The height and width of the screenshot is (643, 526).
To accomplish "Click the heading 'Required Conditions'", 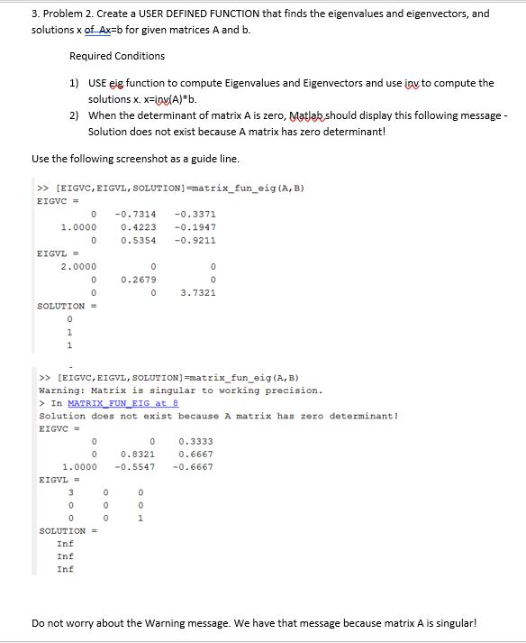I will click(117, 56).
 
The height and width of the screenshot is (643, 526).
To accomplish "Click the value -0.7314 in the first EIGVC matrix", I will click(134, 214).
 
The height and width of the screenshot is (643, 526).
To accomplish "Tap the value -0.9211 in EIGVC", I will click(197, 241).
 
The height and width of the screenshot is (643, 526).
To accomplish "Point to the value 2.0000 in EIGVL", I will click(78, 267).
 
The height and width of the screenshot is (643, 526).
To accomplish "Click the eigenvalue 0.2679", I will click(138, 280).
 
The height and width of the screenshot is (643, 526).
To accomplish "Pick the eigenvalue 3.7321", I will click(197, 293).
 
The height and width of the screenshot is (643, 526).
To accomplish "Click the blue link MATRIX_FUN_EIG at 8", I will click(115, 403).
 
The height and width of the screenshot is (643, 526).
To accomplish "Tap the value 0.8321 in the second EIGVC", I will click(138, 454).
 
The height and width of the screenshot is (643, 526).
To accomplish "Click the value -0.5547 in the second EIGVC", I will click(134, 467).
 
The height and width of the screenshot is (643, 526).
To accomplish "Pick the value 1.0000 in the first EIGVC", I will click(78, 227).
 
